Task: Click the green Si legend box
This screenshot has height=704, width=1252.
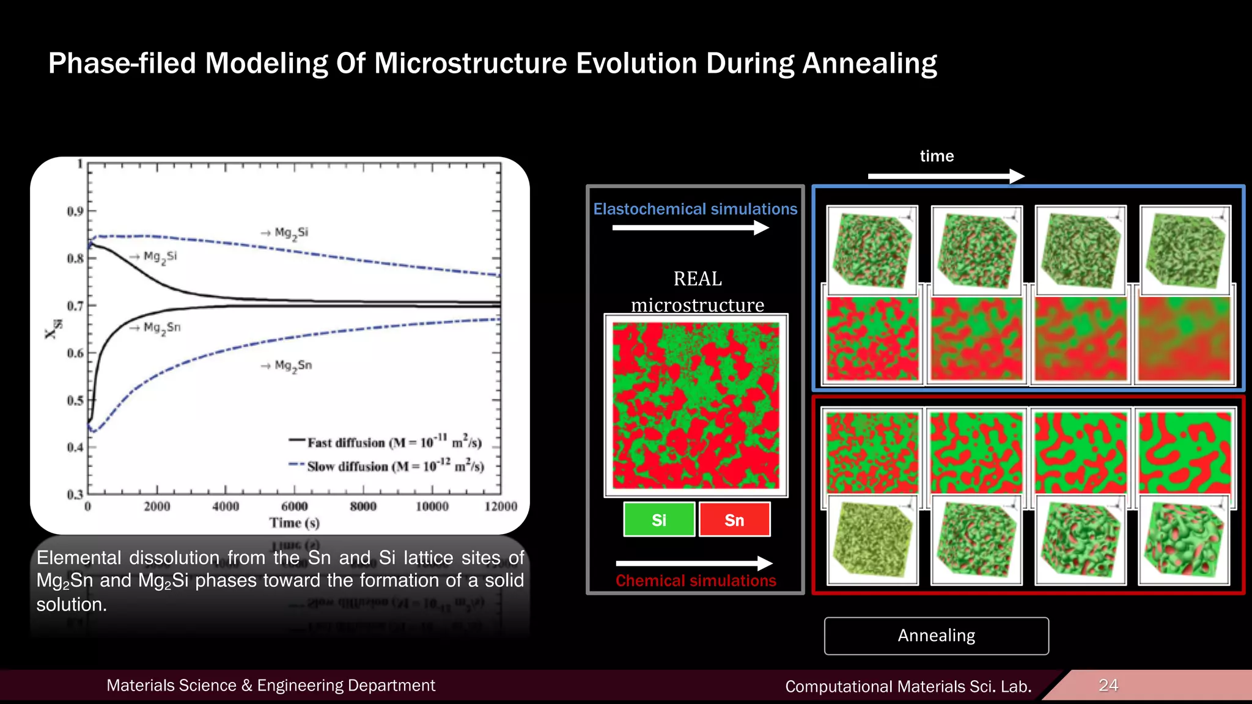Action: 659,519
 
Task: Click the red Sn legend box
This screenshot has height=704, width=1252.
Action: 734,519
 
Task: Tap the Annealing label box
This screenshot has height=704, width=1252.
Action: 936,636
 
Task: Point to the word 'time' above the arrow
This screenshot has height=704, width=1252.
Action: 937,156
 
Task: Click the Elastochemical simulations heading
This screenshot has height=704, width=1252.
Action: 695,209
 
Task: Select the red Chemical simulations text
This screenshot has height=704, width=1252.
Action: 696,581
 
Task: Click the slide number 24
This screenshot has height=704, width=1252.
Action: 1108,685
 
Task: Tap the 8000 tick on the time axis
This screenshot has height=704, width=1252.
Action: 363,507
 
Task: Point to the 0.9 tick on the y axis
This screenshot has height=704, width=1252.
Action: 76,211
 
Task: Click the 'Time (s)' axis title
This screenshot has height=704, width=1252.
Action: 295,523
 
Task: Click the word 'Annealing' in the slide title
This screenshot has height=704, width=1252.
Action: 869,63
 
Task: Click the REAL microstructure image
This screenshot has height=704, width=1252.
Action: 696,405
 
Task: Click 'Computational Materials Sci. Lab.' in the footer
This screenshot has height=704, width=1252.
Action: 908,686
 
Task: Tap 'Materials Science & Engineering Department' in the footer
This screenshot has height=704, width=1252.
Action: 271,685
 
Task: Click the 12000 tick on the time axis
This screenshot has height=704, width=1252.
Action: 500,507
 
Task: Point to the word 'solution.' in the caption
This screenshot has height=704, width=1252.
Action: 72,604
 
